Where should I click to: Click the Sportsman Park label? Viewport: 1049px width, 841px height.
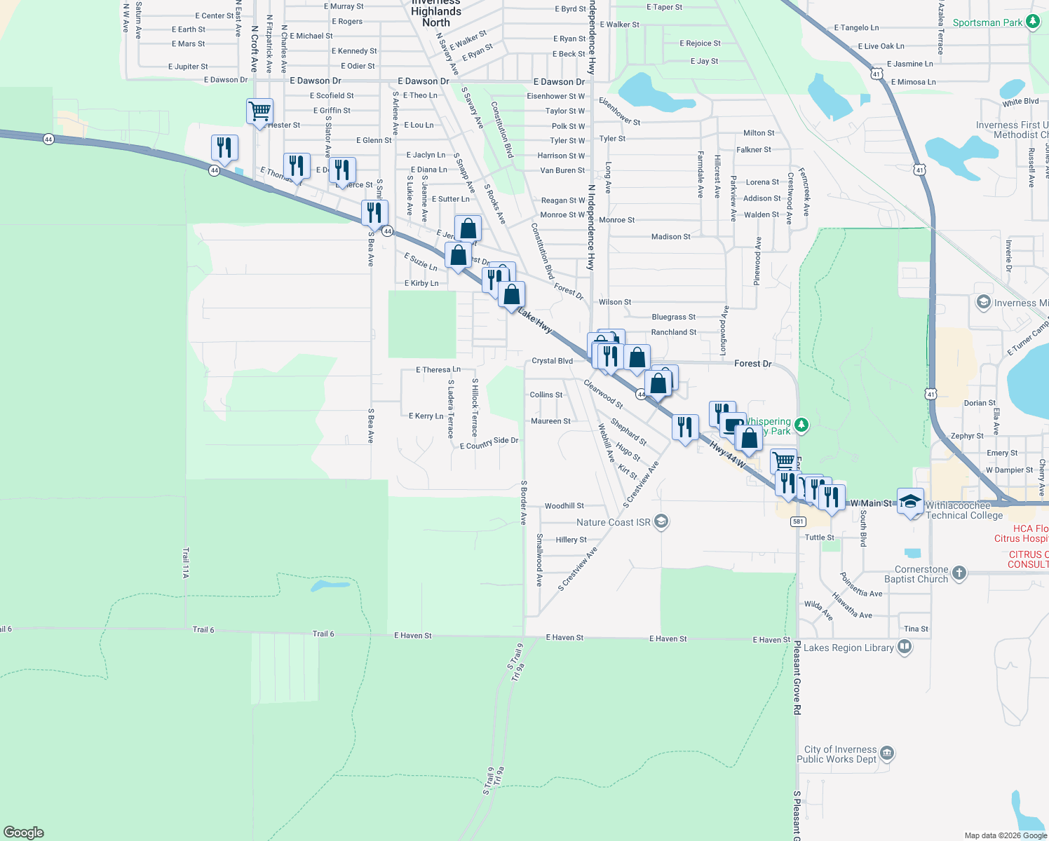point(987,22)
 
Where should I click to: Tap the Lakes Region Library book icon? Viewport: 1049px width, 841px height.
point(905,647)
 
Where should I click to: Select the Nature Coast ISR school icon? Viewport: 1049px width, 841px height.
point(661,521)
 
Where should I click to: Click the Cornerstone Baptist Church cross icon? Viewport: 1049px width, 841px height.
point(959,573)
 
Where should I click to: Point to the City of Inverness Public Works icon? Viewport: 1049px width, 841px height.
point(886,753)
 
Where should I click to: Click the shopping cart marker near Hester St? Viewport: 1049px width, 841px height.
point(259,111)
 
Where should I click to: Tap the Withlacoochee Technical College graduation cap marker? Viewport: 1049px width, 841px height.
point(910,501)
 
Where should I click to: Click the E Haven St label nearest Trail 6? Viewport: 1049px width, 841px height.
point(413,636)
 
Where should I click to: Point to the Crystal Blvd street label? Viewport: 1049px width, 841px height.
point(552,361)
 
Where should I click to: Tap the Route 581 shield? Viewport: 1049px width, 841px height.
point(797,521)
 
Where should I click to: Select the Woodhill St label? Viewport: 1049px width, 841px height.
point(564,506)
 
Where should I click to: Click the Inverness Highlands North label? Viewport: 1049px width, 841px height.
point(436,13)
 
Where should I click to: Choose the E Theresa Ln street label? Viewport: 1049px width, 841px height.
point(438,369)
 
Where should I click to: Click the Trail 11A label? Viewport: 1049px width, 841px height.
point(186,563)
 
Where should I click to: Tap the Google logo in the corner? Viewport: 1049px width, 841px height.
point(24,833)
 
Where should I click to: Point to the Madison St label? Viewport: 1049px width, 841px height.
point(670,237)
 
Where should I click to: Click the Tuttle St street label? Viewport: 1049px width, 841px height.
point(819,538)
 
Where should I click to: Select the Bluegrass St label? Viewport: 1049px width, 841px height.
point(673,317)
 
